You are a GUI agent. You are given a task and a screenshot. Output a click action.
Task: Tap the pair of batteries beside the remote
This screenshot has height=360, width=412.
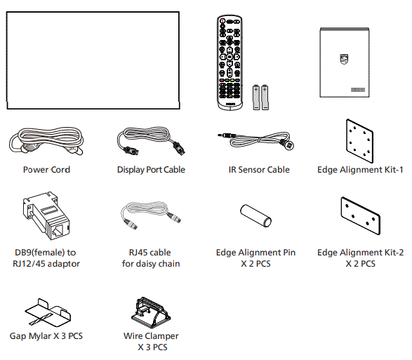pos(261,96)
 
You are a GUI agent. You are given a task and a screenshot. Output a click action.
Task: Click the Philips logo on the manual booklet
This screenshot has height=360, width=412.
pos(343,60)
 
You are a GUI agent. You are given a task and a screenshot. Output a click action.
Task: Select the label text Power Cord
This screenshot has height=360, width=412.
pos(46,170)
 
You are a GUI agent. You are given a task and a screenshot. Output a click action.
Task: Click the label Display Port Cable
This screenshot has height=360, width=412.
pos(151,170)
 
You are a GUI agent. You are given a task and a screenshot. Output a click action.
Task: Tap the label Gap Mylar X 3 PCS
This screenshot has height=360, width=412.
pos(46,336)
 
